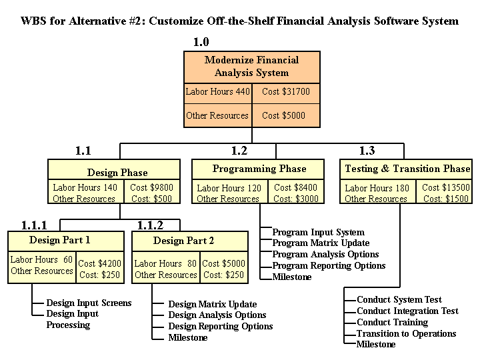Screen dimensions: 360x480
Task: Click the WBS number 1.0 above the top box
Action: click(x=201, y=43)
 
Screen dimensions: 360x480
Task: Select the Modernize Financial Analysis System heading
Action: click(x=251, y=67)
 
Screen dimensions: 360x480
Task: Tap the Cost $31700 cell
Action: click(x=285, y=92)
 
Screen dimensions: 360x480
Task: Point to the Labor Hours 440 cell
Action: click(x=217, y=92)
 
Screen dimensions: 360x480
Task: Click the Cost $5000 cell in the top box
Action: click(x=283, y=115)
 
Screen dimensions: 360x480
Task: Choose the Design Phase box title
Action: click(x=117, y=173)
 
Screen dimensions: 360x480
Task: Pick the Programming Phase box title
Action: click(x=259, y=169)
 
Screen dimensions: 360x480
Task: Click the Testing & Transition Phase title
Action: click(x=407, y=169)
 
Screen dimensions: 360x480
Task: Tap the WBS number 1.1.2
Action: click(x=150, y=225)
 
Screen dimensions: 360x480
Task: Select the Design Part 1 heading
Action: click(x=60, y=240)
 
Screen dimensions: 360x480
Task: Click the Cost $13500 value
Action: click(x=446, y=188)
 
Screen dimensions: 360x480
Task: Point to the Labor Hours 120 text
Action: click(x=229, y=188)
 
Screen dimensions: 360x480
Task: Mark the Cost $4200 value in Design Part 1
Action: click(x=100, y=263)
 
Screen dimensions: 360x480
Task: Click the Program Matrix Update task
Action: click(x=321, y=243)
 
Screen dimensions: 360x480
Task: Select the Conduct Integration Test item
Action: click(x=407, y=311)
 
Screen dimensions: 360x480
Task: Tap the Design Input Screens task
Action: click(x=89, y=303)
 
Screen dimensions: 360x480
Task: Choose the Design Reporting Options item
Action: click(x=221, y=327)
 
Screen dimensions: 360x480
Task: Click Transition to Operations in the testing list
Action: click(x=407, y=333)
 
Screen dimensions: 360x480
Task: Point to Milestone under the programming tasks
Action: click(x=292, y=277)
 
